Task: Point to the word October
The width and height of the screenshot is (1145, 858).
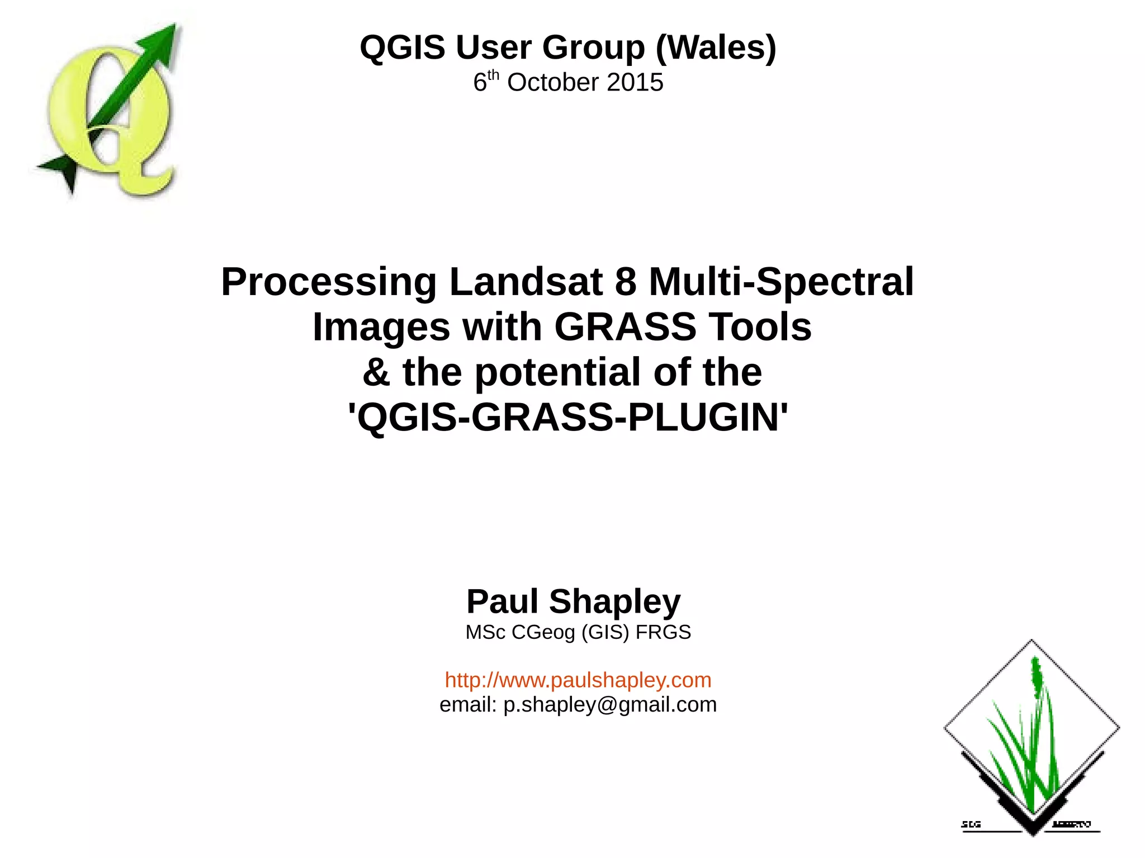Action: (553, 83)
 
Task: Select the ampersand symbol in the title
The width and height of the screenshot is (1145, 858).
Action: (376, 373)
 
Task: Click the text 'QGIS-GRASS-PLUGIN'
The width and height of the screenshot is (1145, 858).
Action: (567, 418)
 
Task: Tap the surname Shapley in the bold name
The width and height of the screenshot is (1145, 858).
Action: (615, 602)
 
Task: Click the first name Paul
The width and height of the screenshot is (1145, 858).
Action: (502, 602)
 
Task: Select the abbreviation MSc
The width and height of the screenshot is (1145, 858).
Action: (485, 632)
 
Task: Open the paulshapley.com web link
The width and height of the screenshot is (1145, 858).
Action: (578, 680)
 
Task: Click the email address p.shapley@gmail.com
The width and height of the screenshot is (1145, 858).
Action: (610, 705)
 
